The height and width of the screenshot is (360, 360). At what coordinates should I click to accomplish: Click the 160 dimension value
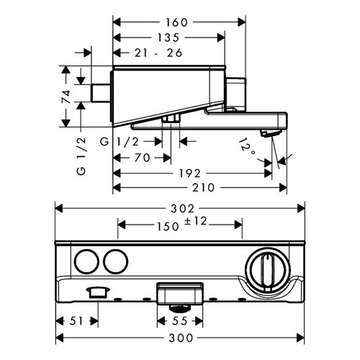pyautogui.click(x=176, y=22)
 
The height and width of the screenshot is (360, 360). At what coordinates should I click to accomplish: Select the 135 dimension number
pyautogui.click(x=168, y=37)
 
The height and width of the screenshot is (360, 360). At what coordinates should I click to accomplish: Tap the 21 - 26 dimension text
pyautogui.click(x=158, y=53)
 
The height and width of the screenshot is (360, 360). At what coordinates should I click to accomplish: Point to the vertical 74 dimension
pyautogui.click(x=66, y=96)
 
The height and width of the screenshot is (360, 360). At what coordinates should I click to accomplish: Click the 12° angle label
pyautogui.click(x=247, y=146)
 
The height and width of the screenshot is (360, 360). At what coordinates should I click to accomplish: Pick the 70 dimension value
pyautogui.click(x=143, y=158)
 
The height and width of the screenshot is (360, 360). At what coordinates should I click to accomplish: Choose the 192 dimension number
pyautogui.click(x=189, y=174)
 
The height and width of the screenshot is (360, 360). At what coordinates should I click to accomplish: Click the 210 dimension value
pyautogui.click(x=203, y=187)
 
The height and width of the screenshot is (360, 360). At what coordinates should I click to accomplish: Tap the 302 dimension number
pyautogui.click(x=182, y=209)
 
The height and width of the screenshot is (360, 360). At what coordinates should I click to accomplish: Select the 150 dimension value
pyautogui.click(x=168, y=226)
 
